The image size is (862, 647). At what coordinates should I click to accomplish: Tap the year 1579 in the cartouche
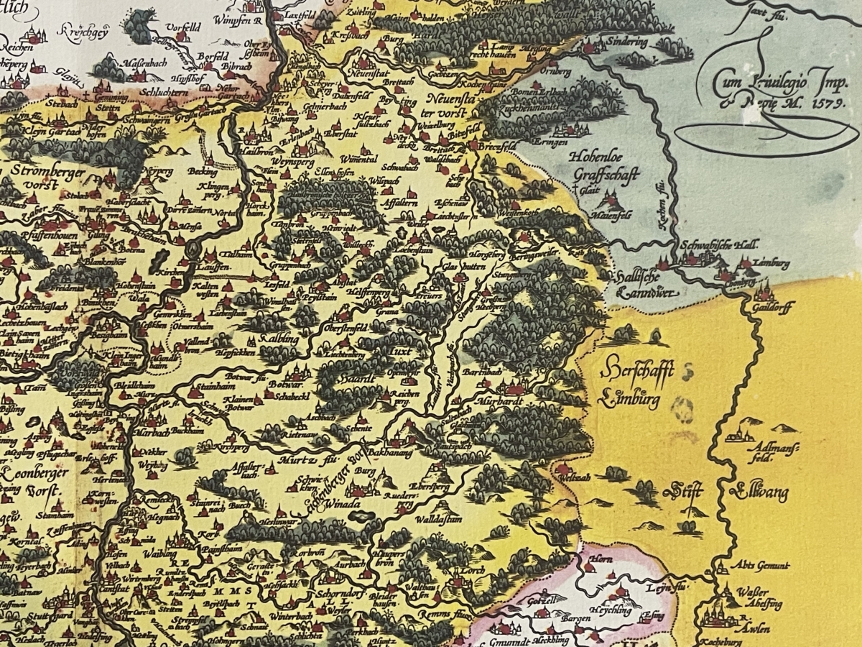(x=828, y=103)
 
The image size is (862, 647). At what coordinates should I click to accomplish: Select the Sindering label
(x=626, y=42)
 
